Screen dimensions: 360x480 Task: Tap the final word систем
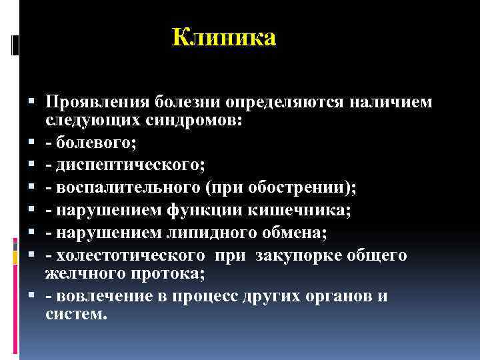(x=75, y=313)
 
